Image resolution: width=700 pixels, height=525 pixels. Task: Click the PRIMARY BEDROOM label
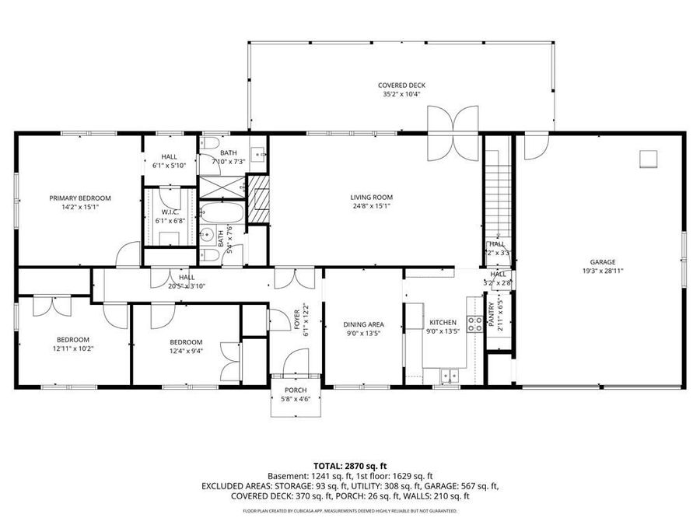click(80, 198)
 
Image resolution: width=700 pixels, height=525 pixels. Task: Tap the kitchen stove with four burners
click(474, 324)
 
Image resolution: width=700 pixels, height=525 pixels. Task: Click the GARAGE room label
click(602, 262)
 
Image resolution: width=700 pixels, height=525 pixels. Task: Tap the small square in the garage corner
click(648, 158)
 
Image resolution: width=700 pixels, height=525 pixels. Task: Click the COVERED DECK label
click(401, 86)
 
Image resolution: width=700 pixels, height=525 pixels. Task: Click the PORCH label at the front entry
click(296, 390)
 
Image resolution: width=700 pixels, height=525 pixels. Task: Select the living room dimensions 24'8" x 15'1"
click(371, 207)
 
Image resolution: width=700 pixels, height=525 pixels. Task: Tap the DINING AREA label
click(363, 324)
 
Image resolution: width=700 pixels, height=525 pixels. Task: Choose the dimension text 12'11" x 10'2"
click(72, 349)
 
